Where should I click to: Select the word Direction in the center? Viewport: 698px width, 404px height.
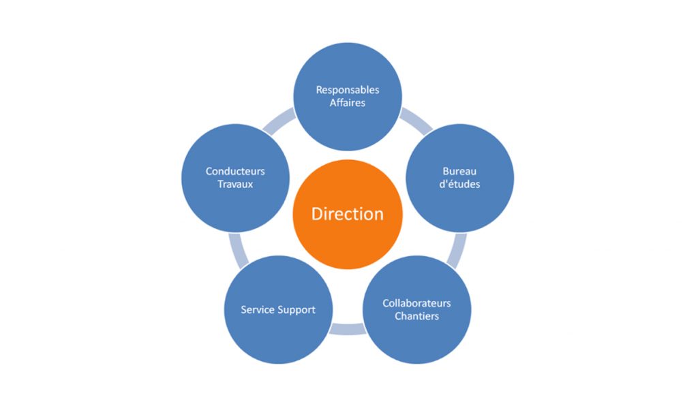(x=347, y=214)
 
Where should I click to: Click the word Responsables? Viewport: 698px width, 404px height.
(x=347, y=90)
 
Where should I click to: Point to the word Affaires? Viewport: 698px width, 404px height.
(x=347, y=103)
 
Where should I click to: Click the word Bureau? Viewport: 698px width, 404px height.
(x=459, y=171)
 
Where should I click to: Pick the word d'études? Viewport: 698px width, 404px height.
(x=459, y=184)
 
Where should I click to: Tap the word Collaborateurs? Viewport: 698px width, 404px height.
(x=416, y=303)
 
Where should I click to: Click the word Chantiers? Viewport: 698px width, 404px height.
(x=416, y=316)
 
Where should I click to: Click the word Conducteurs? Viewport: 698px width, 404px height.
(x=235, y=171)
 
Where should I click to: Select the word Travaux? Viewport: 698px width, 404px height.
(x=235, y=184)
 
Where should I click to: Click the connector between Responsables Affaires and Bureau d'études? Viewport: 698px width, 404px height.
(x=416, y=120)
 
